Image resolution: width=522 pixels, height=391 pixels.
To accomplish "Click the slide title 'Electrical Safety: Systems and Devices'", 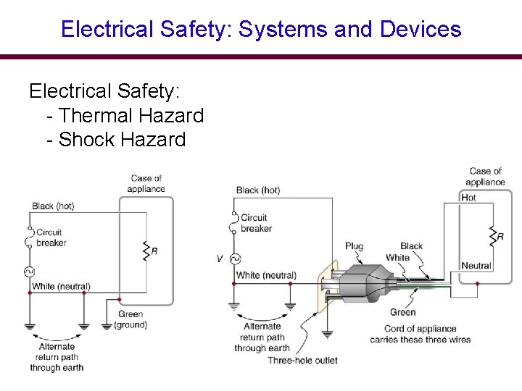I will [261, 29].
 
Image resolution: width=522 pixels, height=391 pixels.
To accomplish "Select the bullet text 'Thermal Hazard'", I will [130, 115].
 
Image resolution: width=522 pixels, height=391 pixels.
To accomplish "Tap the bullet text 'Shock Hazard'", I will [122, 139].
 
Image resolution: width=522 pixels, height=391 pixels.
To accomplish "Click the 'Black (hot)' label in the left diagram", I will [53, 206].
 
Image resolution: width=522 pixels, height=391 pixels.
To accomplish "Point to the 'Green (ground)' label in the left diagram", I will [130, 319].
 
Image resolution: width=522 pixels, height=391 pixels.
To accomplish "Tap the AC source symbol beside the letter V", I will [235, 258].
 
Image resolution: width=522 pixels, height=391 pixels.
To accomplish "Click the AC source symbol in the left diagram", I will [30, 272].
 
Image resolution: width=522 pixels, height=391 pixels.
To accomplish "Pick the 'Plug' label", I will [354, 246].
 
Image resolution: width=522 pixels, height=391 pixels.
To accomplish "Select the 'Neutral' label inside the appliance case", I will [476, 266].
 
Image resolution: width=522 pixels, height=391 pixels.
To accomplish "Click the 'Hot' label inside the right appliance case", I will [468, 198].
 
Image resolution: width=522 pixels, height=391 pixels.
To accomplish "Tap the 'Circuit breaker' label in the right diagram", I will [256, 222].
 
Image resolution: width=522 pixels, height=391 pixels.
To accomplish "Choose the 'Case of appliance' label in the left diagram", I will [146, 183].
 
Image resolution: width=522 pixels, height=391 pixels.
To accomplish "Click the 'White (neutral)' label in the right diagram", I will [266, 275].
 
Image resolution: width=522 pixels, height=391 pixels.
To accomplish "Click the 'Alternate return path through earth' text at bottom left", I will [57, 357].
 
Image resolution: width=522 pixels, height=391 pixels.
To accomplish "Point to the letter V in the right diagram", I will [220, 258].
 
